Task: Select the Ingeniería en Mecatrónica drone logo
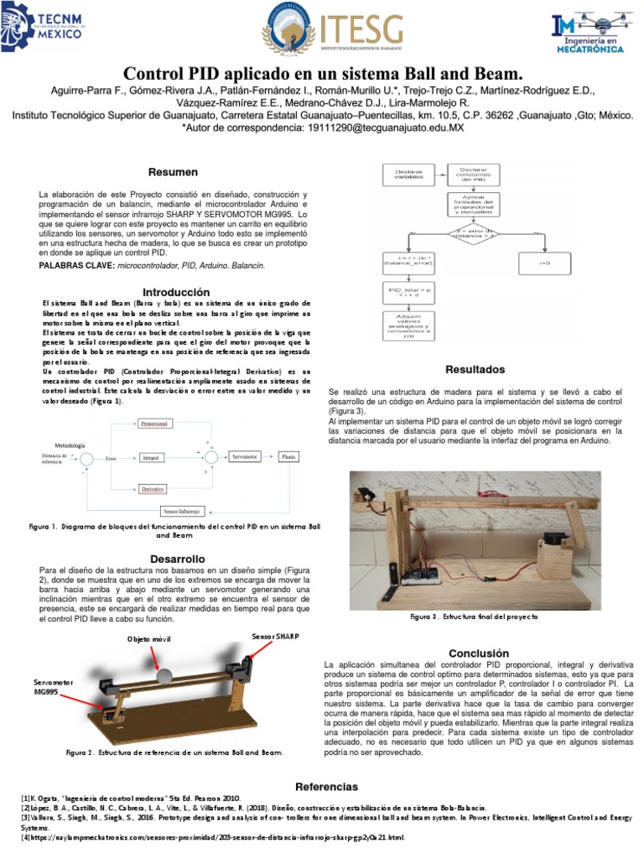pos(591,32)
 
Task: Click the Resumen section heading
pos(173,173)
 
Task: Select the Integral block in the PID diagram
pos(151,458)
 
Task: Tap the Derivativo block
pos(152,488)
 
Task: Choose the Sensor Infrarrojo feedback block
pos(181,510)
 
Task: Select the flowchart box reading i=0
pos(544,263)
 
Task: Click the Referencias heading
pos(326,786)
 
